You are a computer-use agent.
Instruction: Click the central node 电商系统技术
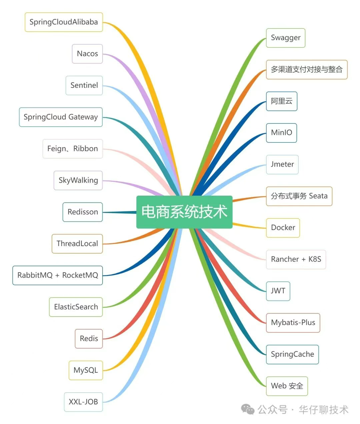pyautogui.click(x=184, y=212)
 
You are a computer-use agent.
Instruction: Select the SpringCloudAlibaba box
pyautogui.click(x=64, y=22)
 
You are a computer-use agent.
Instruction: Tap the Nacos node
pyautogui.click(x=87, y=54)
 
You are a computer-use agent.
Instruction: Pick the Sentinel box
pyautogui.click(x=84, y=85)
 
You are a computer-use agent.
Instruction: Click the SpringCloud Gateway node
pyautogui.click(x=61, y=117)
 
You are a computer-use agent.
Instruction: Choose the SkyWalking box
pyautogui.click(x=78, y=180)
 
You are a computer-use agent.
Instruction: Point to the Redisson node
pyautogui.click(x=83, y=212)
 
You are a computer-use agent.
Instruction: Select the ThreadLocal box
pyautogui.click(x=77, y=244)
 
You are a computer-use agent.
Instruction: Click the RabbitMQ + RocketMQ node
pyautogui.click(x=58, y=275)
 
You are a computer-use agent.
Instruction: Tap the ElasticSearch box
pyautogui.click(x=76, y=307)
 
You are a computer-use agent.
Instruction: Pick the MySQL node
pyautogui.click(x=86, y=370)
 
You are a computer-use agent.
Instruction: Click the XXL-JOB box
pyautogui.click(x=83, y=402)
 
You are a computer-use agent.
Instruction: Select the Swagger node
pyautogui.click(x=286, y=38)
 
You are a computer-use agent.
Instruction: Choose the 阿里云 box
pyautogui.click(x=282, y=101)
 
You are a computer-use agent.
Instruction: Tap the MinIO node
pyautogui.click(x=281, y=133)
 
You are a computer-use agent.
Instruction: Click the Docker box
pyautogui.click(x=283, y=228)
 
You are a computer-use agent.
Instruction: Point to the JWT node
pyautogui.click(x=278, y=291)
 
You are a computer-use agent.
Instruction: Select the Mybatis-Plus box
pyautogui.click(x=293, y=323)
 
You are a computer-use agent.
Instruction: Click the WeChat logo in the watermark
pyautogui.click(x=248, y=409)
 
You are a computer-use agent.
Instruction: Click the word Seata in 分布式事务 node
pyautogui.click(x=318, y=196)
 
